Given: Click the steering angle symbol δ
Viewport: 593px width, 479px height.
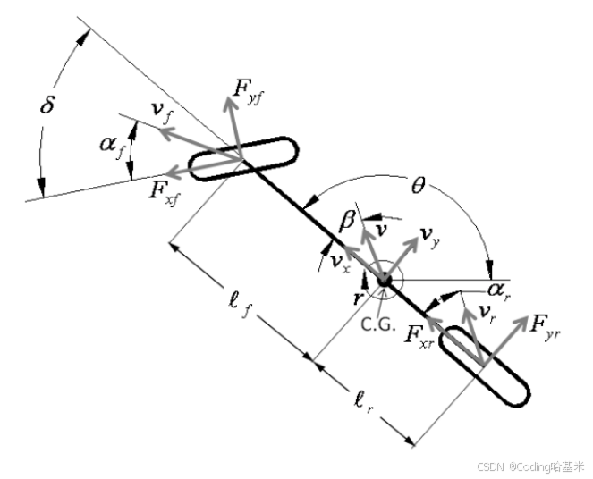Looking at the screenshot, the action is tap(49, 105).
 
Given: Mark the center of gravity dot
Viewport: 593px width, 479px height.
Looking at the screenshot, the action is tap(385, 281).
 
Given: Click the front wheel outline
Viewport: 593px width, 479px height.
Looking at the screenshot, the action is tap(242, 159).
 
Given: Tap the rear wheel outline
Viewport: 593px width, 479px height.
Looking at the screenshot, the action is tap(487, 366).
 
